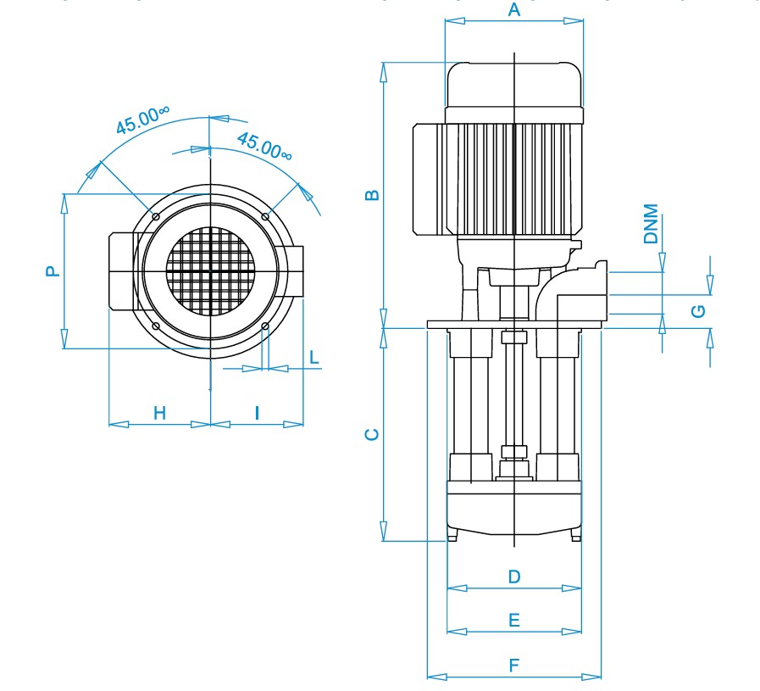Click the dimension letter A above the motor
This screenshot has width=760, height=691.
pyautogui.click(x=513, y=10)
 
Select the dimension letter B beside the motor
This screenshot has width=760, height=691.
pyautogui.click(x=372, y=195)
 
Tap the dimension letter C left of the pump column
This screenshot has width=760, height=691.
pyautogui.click(x=371, y=435)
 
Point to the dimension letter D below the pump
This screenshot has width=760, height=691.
pyautogui.click(x=514, y=577)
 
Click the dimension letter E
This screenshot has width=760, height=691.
pyautogui.click(x=513, y=621)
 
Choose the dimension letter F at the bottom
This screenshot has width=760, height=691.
pyautogui.click(x=513, y=666)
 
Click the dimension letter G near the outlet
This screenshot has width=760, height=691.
pyautogui.click(x=698, y=310)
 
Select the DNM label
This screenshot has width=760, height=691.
pyautogui.click(x=651, y=224)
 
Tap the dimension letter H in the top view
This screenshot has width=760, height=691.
pyautogui.click(x=159, y=413)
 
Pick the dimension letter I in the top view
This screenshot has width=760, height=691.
pyautogui.click(x=258, y=413)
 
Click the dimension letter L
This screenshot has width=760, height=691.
pyautogui.click(x=313, y=356)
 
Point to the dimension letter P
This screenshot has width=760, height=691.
pyautogui.click(x=53, y=271)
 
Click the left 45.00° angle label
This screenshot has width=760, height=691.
pyautogui.click(x=143, y=120)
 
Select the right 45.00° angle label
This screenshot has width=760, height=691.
pyautogui.click(x=264, y=146)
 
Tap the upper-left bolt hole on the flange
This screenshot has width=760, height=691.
pyautogui.click(x=156, y=217)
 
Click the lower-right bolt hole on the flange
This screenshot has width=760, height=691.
pyautogui.click(x=265, y=326)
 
